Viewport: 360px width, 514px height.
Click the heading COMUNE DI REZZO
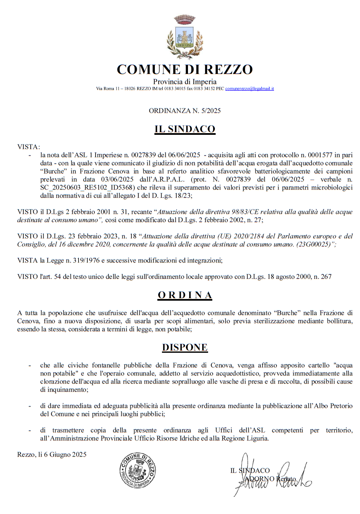(x=185, y=69)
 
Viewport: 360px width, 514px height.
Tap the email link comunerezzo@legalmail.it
(x=250, y=89)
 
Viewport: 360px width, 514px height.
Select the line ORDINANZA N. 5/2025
(x=185, y=111)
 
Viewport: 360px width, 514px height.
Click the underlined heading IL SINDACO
(x=185, y=130)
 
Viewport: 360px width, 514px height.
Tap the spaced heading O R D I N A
(x=185, y=295)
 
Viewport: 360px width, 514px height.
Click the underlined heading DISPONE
(x=185, y=347)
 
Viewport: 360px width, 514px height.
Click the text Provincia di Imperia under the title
(x=185, y=81)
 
